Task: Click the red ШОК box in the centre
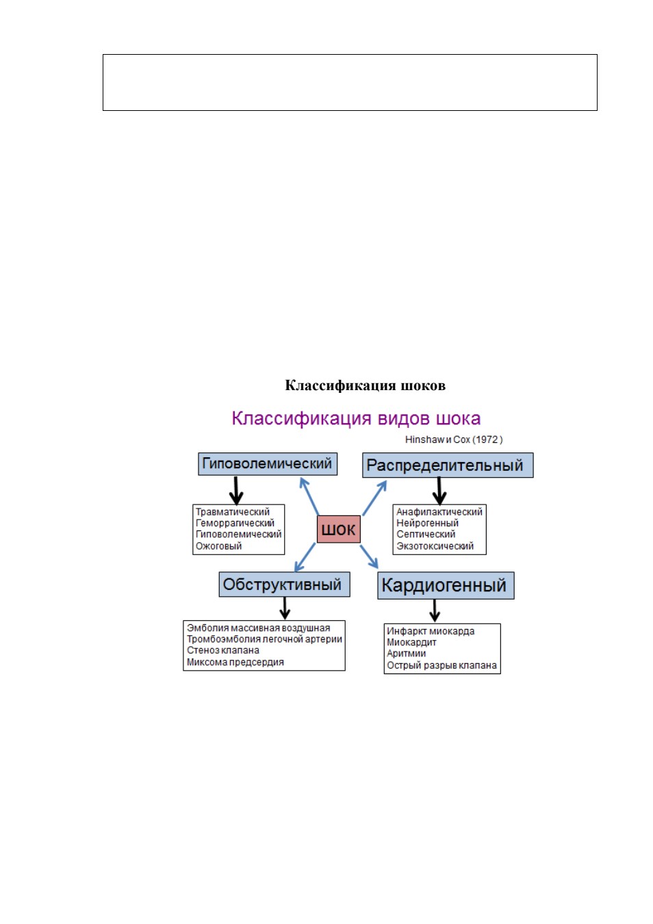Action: (338, 529)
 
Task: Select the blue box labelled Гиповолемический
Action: (268, 463)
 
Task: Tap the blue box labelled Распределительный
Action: (448, 465)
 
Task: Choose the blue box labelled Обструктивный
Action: (284, 584)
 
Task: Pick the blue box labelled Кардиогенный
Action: (446, 585)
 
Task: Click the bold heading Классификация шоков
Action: (365, 385)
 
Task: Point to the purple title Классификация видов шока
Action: (356, 418)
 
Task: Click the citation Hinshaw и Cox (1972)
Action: (454, 439)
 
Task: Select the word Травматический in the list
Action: (233, 512)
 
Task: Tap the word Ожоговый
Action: (218, 546)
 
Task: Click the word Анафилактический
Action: (439, 512)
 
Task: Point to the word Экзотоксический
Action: (435, 546)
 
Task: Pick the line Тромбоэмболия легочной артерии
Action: (264, 639)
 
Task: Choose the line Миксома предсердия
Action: (235, 662)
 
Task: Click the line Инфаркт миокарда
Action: (431, 631)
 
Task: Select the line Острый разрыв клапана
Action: (441, 665)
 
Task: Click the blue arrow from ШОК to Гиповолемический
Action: (309, 496)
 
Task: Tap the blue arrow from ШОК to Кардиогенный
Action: (369, 556)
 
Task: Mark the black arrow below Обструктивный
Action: (285, 608)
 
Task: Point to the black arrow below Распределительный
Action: (439, 491)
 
